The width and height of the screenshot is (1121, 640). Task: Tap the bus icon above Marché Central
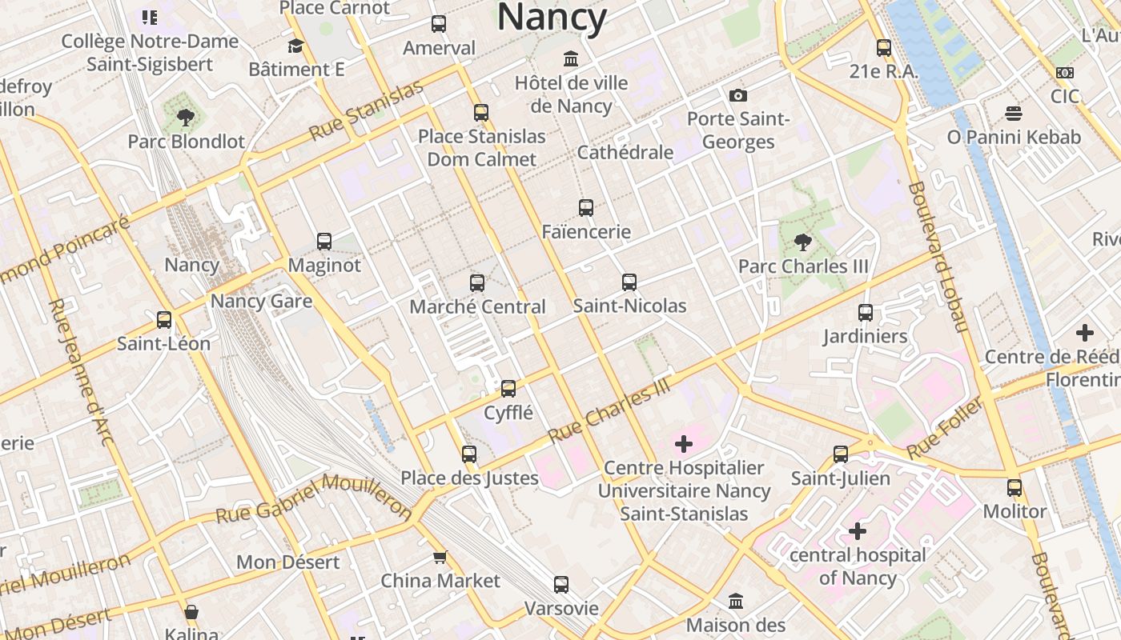(x=477, y=282)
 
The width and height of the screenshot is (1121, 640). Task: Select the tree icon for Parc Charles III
(x=802, y=242)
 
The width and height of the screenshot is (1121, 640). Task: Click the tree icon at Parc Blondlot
(x=186, y=118)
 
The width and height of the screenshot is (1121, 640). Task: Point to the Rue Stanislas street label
(x=366, y=110)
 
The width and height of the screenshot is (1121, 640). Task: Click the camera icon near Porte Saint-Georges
(x=738, y=95)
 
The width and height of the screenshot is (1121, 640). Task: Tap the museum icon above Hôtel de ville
(x=571, y=59)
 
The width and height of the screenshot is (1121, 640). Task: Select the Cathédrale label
(x=625, y=152)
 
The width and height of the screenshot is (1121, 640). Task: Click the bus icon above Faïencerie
(x=586, y=208)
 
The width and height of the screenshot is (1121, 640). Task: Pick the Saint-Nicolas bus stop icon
(x=629, y=282)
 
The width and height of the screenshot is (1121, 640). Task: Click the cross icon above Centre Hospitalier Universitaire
(x=684, y=443)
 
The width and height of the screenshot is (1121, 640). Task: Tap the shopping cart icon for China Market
(x=440, y=557)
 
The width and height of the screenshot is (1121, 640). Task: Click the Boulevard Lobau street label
(x=937, y=256)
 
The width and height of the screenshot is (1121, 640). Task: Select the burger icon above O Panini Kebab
(x=1014, y=113)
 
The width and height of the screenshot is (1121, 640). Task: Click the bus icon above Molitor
(x=1015, y=487)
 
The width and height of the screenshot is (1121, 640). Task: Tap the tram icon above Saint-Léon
(x=164, y=320)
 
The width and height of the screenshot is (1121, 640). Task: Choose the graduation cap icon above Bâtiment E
(x=296, y=46)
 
